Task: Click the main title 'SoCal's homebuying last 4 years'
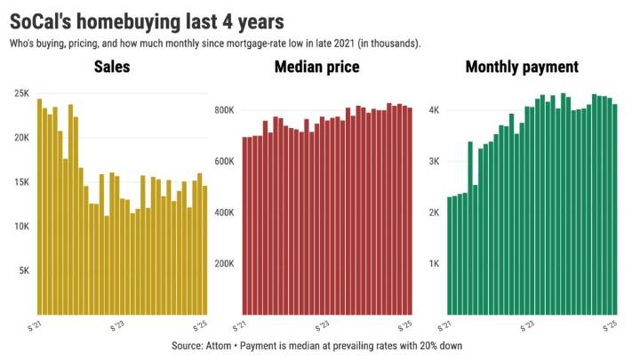point(152,19)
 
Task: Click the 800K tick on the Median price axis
point(225,110)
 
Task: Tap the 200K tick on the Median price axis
point(225,264)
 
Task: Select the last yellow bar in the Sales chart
point(205,250)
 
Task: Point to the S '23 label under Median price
point(324,324)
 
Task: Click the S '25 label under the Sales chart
point(200,324)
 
